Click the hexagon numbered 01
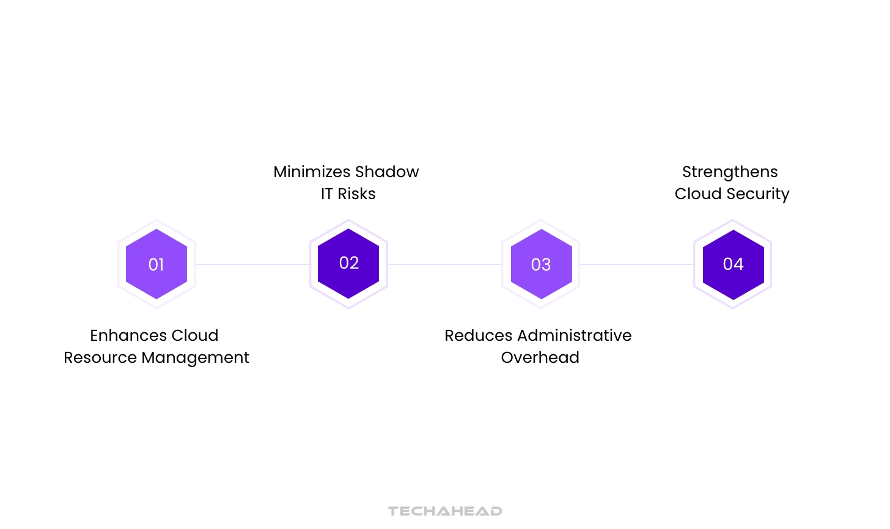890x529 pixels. tap(156, 264)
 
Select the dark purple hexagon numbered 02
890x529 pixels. tap(348, 263)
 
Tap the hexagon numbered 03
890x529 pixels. tap(541, 264)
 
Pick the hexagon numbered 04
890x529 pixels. tap(733, 264)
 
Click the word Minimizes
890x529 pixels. tap(312, 172)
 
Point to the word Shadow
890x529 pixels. tap(387, 172)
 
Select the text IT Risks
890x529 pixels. tap(348, 194)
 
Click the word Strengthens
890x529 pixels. tap(730, 172)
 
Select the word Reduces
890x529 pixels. tap(478, 335)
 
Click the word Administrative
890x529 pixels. tap(574, 335)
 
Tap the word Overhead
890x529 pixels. tap(540, 357)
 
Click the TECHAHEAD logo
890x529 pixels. tap(445, 511)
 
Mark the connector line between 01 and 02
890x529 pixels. tap(252, 264)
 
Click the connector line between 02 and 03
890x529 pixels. tap(444, 264)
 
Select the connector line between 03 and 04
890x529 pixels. tap(636, 264)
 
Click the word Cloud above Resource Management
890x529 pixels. tap(195, 335)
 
